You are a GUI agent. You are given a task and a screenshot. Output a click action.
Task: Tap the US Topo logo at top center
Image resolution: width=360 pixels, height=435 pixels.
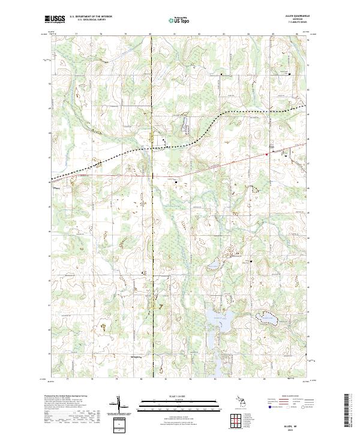point(179,20)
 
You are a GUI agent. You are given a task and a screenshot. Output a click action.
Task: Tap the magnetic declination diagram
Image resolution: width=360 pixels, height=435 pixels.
point(118,406)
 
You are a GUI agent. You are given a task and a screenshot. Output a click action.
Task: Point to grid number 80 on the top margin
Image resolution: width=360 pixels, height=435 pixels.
point(150,35)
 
